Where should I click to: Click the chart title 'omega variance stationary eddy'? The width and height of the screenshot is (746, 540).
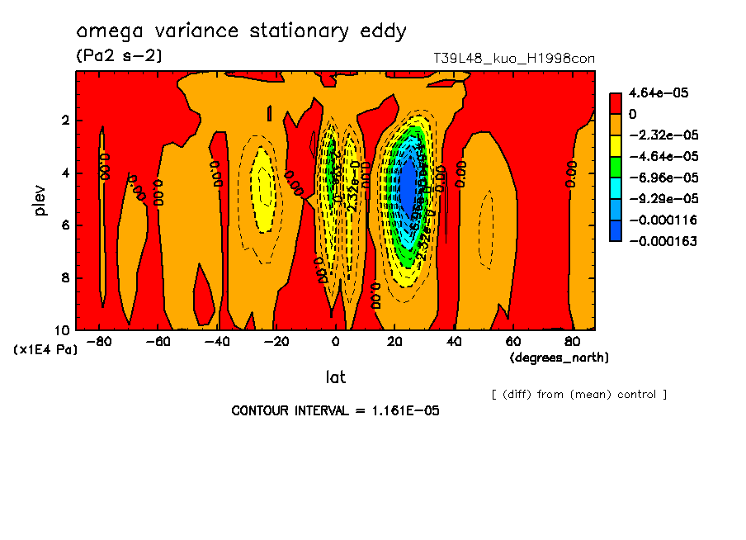(x=241, y=32)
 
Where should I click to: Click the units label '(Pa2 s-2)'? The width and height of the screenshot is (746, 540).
(x=119, y=56)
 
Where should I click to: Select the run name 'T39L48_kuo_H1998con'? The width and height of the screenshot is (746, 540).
(x=513, y=59)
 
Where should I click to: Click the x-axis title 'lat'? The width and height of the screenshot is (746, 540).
(x=335, y=377)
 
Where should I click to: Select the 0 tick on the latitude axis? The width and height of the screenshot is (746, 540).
(x=336, y=342)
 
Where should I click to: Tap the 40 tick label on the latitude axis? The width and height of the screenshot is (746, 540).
(x=454, y=342)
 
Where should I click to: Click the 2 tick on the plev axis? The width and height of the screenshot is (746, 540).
(x=65, y=121)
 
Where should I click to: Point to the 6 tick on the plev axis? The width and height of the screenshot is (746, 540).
(x=65, y=225)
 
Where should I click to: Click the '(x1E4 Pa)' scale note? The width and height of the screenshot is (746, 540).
(x=45, y=350)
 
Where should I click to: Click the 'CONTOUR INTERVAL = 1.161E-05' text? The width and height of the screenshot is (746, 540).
(x=335, y=410)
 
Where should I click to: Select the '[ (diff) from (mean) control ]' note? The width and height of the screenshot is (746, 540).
(x=578, y=394)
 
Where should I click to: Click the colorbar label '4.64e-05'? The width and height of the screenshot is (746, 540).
(x=652, y=93)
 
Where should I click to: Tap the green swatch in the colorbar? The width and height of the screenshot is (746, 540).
(x=616, y=177)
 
